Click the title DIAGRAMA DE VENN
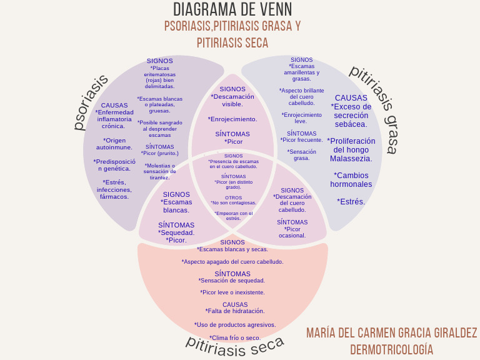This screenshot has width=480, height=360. pos(232,10)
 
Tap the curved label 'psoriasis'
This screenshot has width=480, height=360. pos(91,102)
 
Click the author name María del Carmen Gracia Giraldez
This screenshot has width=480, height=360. pos(391,332)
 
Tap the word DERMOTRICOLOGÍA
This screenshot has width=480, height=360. pos(391,349)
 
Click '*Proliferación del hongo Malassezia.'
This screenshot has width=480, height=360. pos(351,150)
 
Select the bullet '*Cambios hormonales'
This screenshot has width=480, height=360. pos(351,180)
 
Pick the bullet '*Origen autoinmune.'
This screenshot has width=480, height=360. pos(114,144)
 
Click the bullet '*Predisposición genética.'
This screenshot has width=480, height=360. pos(114,164)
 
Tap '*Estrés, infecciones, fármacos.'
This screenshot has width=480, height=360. pos(114,189)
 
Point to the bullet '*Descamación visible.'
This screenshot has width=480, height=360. pos(232,101)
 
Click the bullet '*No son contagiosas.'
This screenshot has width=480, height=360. pos(233,202)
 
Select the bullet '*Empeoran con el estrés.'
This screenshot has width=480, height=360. pos(233,216)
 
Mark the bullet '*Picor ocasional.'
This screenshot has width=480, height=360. pos(292,232)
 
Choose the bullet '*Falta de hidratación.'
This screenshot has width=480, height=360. pos(235,311)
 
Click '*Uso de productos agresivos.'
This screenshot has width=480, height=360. pos(235,324)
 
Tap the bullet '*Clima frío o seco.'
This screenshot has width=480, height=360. pos(235,338)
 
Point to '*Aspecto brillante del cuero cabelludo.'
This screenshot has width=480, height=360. pos(302,96)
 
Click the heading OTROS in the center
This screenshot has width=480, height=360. pos(233,197)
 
